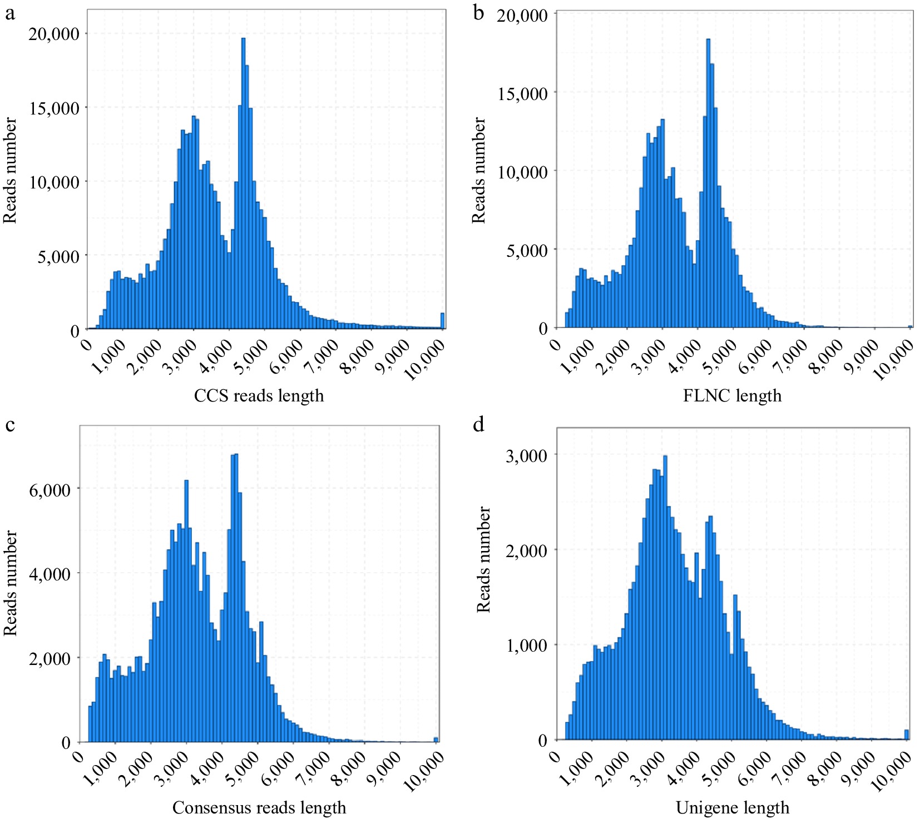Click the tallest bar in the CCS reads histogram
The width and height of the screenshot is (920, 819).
(243, 183)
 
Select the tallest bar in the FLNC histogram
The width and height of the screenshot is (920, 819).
(708, 183)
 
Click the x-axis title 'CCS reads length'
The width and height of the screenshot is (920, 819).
(259, 396)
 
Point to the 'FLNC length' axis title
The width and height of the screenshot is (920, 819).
(732, 396)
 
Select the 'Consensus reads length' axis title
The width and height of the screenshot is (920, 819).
(259, 807)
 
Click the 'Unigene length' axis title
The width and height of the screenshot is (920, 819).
(733, 807)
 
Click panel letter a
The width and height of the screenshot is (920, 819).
(9, 13)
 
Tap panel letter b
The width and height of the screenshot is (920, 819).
(478, 13)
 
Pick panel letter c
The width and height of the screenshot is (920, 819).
(9, 425)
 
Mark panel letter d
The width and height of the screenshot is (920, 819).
(478, 425)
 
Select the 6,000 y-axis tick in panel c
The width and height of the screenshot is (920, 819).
(50, 490)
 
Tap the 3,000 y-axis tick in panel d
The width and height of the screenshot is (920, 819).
(526, 455)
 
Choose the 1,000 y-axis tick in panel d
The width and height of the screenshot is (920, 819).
(526, 646)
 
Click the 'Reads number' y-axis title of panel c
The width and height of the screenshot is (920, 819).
(11, 583)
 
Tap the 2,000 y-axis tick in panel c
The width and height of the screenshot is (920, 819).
(50, 658)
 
